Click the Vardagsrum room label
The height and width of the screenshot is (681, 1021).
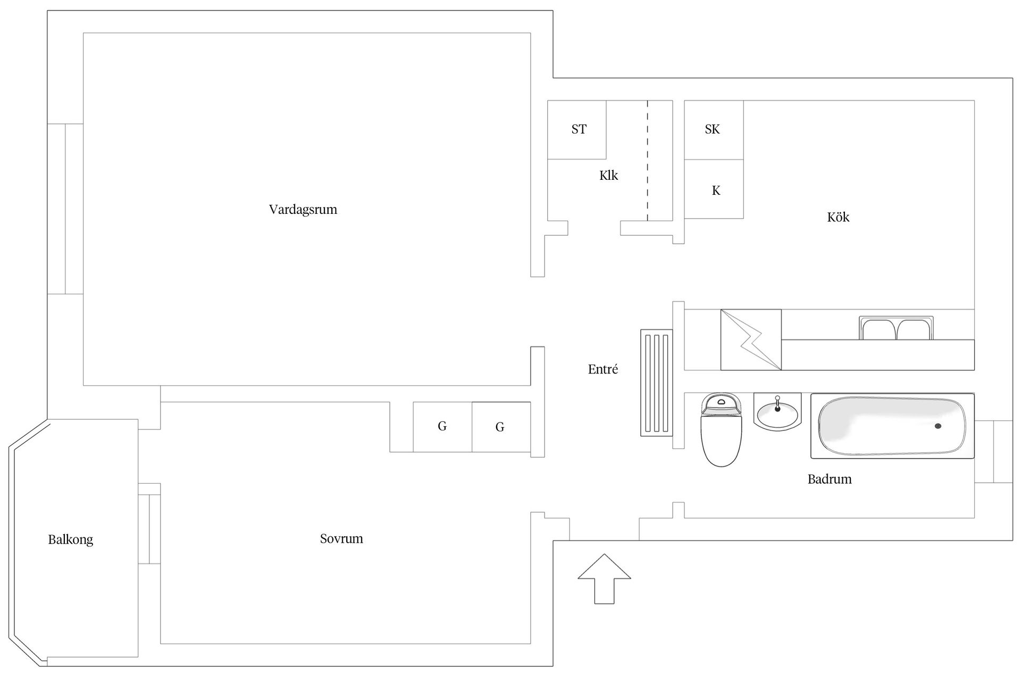[x=303, y=210]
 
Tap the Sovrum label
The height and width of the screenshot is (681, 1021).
[x=341, y=538]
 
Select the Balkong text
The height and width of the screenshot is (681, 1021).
[x=71, y=540]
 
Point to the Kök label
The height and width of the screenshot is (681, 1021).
[x=838, y=217]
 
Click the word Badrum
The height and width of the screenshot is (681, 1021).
[x=830, y=479]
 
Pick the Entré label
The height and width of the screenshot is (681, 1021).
[x=603, y=369]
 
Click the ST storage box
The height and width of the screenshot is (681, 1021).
[x=577, y=130]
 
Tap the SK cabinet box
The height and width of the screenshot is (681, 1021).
[x=714, y=130]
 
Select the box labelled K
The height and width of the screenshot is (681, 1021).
[x=714, y=189]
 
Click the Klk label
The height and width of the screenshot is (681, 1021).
[x=609, y=176]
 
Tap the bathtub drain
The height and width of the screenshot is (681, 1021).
[x=938, y=426]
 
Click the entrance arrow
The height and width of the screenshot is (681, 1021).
[x=604, y=579]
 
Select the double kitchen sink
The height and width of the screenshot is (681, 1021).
[x=896, y=328]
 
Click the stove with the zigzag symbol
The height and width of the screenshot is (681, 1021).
[x=751, y=339]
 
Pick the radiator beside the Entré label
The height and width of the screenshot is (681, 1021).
[x=657, y=383]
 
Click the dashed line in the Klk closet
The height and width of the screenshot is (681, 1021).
[x=647, y=160]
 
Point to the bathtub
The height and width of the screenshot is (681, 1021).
[x=892, y=426]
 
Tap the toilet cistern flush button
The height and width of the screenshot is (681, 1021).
[x=722, y=402]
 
